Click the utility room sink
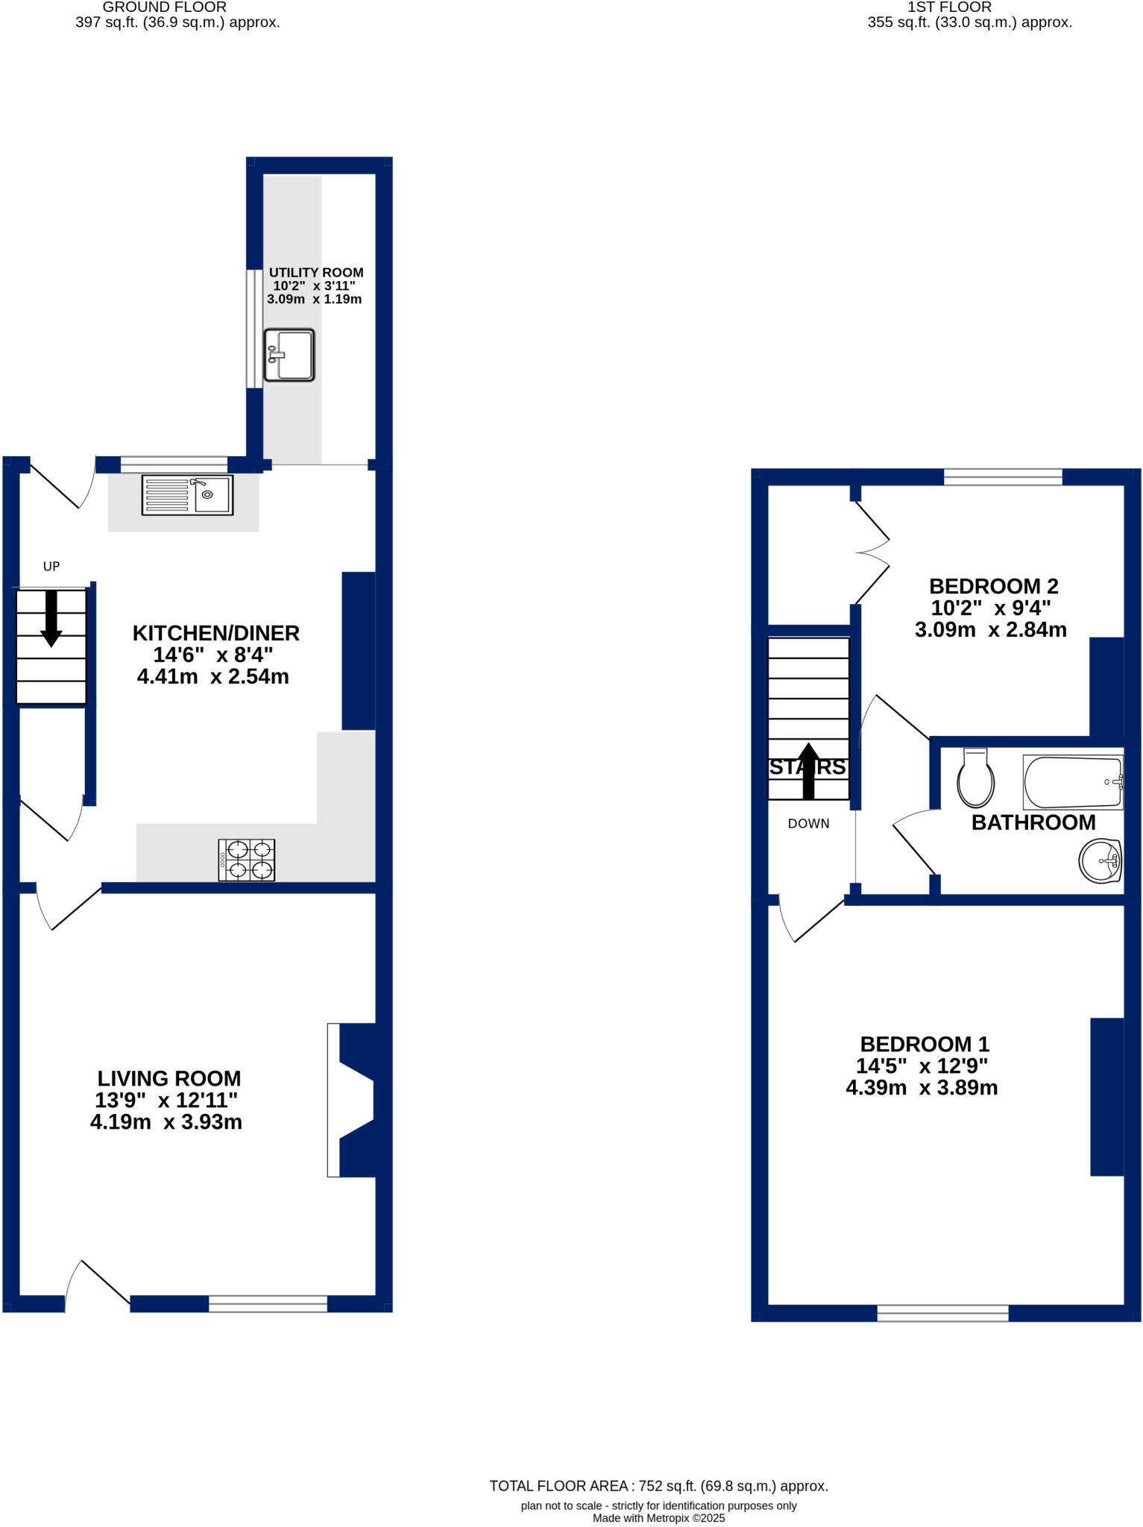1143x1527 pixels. (289, 355)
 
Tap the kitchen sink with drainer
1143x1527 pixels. (187, 495)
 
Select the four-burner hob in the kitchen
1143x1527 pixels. (247, 860)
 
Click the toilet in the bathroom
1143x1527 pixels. (976, 779)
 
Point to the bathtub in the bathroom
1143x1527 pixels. (1073, 782)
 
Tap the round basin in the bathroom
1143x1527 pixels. (1101, 861)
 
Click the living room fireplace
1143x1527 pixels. (352, 1100)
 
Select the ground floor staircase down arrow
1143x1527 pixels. (51, 617)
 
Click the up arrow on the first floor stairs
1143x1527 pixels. (808, 770)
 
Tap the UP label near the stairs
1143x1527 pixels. (51, 566)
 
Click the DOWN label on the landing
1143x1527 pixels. (808, 823)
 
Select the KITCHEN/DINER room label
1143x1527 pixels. (215, 633)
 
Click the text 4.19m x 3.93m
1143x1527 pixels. (166, 1121)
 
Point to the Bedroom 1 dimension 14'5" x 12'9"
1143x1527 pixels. (922, 1065)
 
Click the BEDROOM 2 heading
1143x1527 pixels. (993, 586)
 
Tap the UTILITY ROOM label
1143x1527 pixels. (316, 272)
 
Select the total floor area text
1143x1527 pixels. (658, 1486)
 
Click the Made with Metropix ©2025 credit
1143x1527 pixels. (658, 1517)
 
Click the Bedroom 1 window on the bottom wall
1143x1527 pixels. (942, 1312)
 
